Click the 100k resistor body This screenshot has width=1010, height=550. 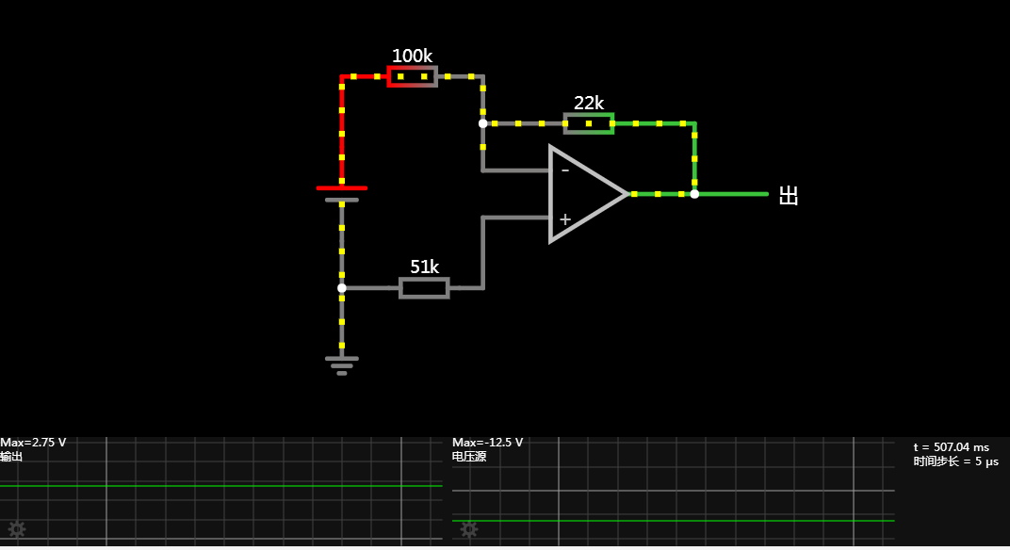[413, 76]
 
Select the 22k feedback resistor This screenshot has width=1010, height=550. [589, 123]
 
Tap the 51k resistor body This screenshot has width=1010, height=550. [424, 288]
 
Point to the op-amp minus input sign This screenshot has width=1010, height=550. [564, 170]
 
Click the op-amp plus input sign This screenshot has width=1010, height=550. [564, 219]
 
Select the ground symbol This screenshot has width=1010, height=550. [342, 364]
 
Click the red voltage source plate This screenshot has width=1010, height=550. [342, 188]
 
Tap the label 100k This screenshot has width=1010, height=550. [412, 56]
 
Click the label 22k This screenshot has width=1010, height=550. [589, 103]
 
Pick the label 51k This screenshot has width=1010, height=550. [424, 267]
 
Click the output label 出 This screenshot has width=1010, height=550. [789, 196]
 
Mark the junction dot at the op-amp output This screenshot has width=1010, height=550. [694, 194]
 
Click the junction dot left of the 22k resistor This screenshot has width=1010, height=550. [483, 123]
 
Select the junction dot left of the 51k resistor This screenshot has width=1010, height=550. [342, 288]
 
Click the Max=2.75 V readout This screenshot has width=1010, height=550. [33, 443]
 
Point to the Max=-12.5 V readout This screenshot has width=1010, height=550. [487, 443]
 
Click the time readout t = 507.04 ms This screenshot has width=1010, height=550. [952, 446]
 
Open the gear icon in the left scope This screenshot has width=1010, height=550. [16, 529]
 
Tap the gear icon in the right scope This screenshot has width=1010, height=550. [468, 529]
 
